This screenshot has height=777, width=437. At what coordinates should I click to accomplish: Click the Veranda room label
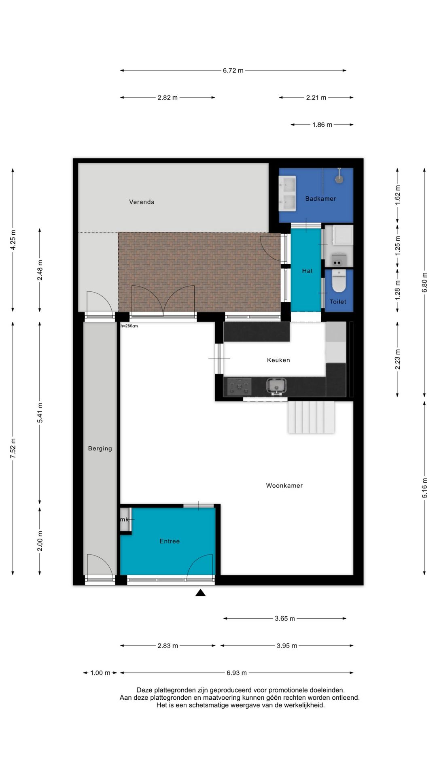tap(142, 202)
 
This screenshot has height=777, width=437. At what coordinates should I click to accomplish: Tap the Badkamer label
tap(320, 199)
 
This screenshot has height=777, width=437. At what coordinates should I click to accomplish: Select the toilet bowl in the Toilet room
tap(339, 281)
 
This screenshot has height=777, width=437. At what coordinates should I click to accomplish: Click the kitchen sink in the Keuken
tap(276, 386)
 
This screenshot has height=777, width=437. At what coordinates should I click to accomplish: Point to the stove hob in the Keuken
tap(240, 387)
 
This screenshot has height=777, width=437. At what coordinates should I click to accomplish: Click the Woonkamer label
tap(284, 486)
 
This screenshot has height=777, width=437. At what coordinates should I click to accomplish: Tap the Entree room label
tap(170, 541)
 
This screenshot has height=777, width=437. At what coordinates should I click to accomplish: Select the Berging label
tap(100, 448)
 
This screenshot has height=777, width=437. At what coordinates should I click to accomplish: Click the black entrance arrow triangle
tap(200, 593)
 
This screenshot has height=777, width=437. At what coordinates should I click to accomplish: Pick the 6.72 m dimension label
tap(233, 70)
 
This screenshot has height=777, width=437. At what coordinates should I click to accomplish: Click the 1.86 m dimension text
tap(322, 125)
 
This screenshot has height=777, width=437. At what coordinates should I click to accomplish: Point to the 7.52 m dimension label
tap(13, 448)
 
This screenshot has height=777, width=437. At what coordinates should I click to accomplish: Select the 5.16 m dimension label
tap(424, 488)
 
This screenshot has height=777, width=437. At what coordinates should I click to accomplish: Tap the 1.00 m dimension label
tap(100, 673)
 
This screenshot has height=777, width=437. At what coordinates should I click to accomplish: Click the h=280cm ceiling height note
tap(129, 326)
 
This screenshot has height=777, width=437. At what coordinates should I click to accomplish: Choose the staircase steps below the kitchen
tap(311, 417)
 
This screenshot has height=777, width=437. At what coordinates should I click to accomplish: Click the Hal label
tap(307, 271)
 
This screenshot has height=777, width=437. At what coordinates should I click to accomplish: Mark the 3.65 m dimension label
tap(285, 618)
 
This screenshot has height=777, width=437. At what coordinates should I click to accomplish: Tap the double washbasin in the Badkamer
tap(287, 193)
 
